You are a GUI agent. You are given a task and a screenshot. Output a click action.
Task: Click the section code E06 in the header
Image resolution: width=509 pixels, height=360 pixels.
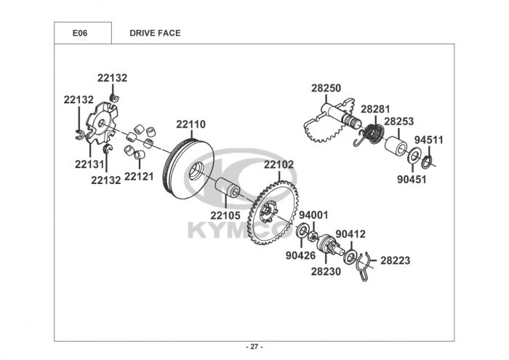click(80, 33)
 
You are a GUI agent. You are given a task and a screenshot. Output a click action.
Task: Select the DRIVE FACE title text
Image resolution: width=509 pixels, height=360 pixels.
click(155, 33)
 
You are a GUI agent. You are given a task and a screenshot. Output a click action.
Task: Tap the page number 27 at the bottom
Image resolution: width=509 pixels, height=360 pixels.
click(254, 346)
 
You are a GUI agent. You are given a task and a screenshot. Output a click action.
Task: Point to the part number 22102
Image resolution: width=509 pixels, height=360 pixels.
click(278, 165)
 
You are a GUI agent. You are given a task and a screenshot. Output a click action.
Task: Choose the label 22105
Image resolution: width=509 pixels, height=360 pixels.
click(225, 215)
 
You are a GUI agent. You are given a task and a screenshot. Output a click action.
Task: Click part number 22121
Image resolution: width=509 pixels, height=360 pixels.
click(139, 176)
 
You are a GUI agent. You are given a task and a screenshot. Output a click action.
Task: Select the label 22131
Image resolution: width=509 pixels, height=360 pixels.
click(89, 164)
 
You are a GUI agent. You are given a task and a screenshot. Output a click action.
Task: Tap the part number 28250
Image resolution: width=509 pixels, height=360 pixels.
click(326, 88)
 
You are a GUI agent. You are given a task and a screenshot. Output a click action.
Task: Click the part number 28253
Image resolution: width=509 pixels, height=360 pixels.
click(399, 121)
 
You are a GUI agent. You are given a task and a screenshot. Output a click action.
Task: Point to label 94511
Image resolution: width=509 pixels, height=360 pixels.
click(429, 139)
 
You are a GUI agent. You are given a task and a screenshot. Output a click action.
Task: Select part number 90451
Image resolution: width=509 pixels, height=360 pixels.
click(412, 178)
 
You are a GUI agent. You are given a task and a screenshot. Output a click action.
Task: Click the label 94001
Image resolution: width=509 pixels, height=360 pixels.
click(314, 215)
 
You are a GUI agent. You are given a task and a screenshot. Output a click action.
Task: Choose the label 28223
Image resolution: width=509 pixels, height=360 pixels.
click(396, 260)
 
